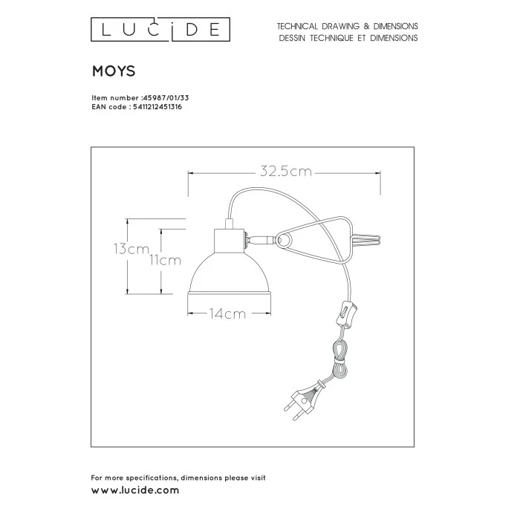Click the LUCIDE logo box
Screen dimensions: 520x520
(x=160, y=30)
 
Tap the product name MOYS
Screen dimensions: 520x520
(x=114, y=71)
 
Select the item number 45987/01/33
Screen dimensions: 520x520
(x=165, y=98)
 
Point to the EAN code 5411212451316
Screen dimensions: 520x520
(x=157, y=107)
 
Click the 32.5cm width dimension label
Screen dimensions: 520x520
(x=286, y=172)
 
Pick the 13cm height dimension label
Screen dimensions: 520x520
(x=131, y=249)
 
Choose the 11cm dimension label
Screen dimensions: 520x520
(x=165, y=261)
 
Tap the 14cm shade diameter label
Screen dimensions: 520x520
(x=228, y=313)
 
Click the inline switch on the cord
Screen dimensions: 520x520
(x=347, y=313)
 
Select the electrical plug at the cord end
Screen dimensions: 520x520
(x=304, y=400)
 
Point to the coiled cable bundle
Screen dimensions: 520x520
(x=340, y=358)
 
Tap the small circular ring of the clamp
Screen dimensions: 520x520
(x=283, y=240)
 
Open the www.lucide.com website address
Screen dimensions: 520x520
(x=135, y=490)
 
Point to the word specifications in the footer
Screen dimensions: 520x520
(x=152, y=478)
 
